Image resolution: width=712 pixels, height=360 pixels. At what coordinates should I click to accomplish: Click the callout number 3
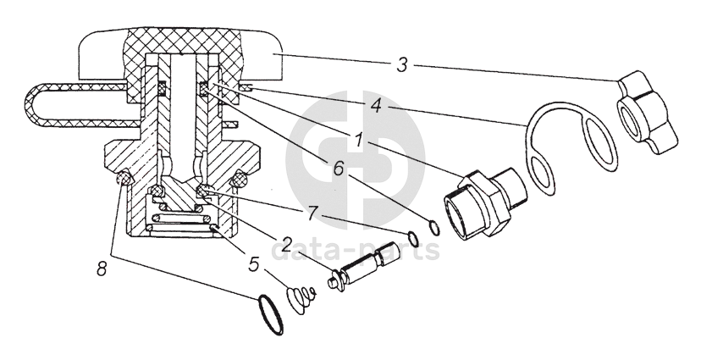(402, 64)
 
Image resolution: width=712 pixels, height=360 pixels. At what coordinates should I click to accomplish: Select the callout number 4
(377, 107)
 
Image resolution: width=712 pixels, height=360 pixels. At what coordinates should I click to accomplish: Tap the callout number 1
(359, 141)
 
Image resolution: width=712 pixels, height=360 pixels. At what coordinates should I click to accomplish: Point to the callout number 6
(339, 169)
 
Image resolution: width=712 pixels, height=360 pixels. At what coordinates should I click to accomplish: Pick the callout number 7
(311, 213)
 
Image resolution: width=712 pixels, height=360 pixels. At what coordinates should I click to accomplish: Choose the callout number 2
(286, 245)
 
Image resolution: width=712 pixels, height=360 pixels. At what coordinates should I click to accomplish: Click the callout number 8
(102, 269)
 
